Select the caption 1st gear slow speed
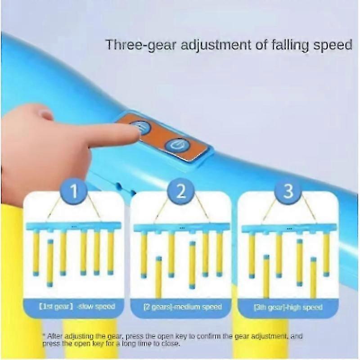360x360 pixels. pyautogui.click(x=76, y=306)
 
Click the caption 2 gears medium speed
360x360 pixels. pyautogui.click(x=183, y=307)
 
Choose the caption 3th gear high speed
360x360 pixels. pyautogui.click(x=288, y=307)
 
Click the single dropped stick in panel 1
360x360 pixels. pyautogui.click(x=50, y=263)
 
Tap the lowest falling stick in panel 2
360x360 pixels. pyautogui.click(x=158, y=276)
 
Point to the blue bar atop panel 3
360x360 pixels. pyautogui.click(x=288, y=229)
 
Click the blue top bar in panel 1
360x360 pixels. pyautogui.click(x=74, y=226)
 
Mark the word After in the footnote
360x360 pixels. pyautogui.click(x=54, y=336)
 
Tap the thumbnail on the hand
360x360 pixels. pyautogui.click(x=46, y=114)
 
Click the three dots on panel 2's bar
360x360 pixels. pyautogui.click(x=182, y=228)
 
